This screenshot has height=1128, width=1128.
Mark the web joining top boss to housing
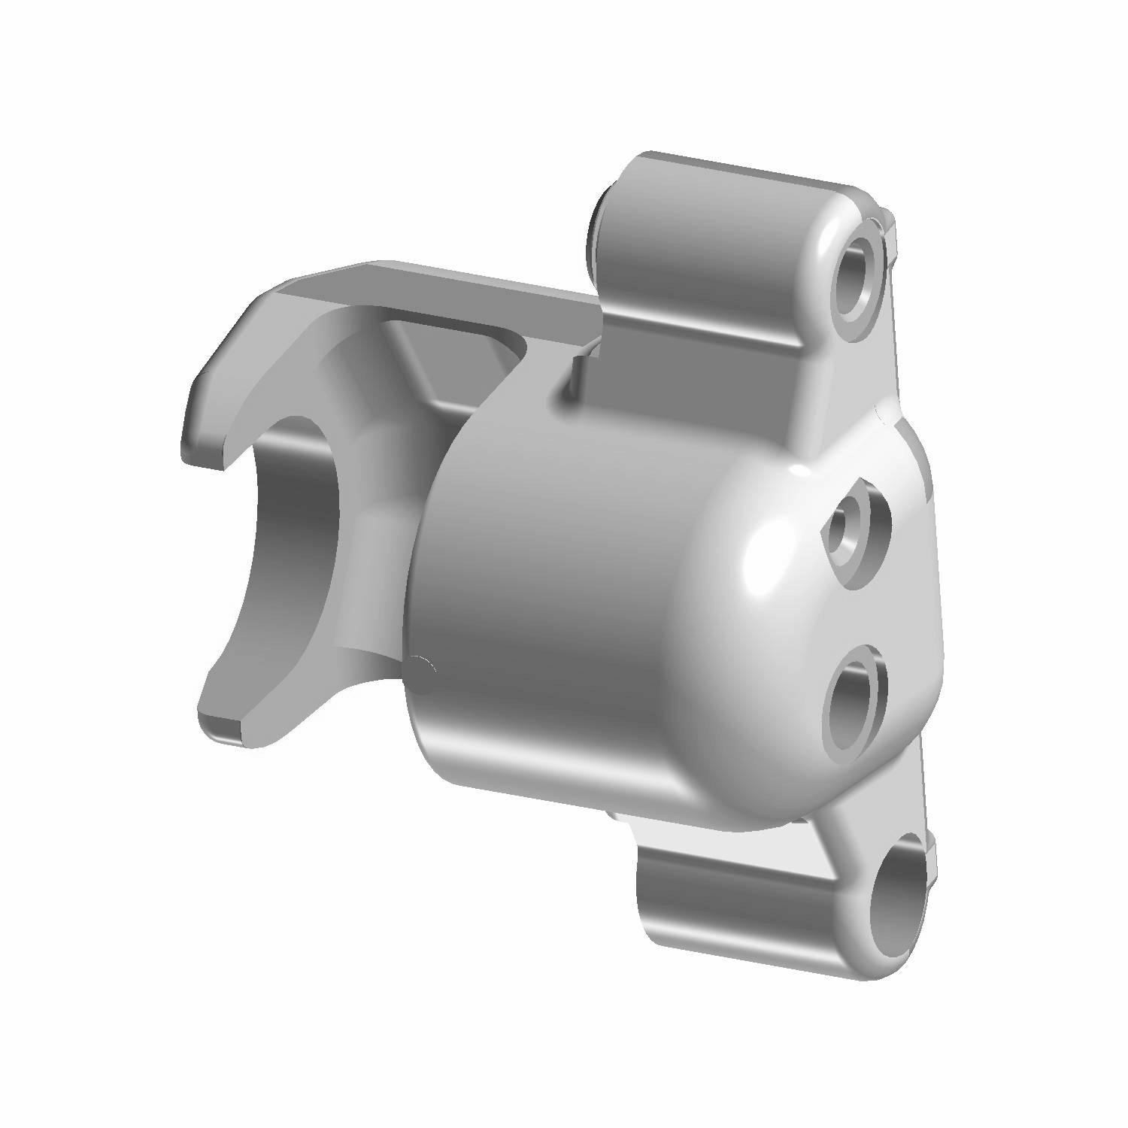[827, 399]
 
